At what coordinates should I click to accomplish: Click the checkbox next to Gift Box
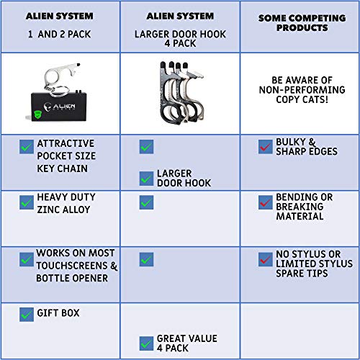click(x=27, y=315)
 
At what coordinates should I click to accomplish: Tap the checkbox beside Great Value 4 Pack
click(x=146, y=343)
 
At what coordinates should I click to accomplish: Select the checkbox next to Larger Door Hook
click(x=146, y=179)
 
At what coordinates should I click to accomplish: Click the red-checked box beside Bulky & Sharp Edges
click(x=266, y=147)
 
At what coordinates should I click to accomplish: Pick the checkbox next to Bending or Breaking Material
click(x=266, y=202)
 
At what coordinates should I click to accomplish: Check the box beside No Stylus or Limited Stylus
click(x=266, y=259)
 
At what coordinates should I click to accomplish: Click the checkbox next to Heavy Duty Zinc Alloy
click(x=27, y=202)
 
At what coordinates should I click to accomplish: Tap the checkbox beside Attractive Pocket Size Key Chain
click(x=27, y=147)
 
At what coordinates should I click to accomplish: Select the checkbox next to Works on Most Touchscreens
click(x=27, y=259)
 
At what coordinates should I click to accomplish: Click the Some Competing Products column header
click(x=302, y=23)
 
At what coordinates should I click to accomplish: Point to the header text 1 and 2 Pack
click(x=59, y=34)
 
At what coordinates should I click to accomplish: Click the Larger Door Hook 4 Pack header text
click(x=180, y=39)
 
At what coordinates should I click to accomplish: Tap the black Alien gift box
click(x=59, y=107)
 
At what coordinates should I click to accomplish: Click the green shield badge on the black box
click(x=37, y=114)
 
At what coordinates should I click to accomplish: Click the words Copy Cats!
click(x=302, y=99)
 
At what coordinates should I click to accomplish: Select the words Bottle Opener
click(x=72, y=278)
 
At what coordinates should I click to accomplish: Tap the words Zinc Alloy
click(x=63, y=210)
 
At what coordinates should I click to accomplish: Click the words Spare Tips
click(x=302, y=274)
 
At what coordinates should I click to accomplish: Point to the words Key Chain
click(x=63, y=168)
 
